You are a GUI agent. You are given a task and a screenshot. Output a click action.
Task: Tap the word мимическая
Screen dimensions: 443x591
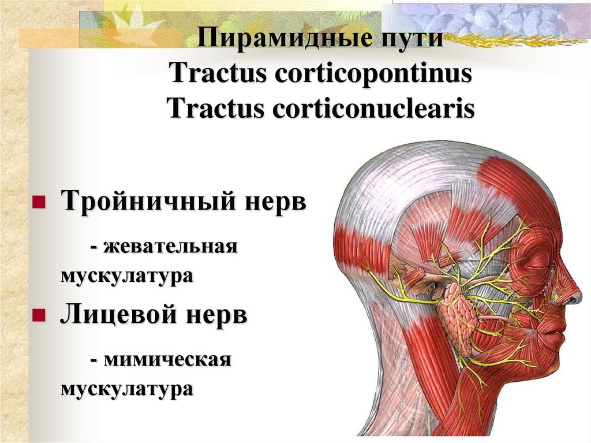[x=168, y=360]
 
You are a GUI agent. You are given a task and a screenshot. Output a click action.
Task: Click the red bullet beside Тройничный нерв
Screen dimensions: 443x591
[x=39, y=203]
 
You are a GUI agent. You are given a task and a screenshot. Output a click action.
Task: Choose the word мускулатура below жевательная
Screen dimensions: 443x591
[x=126, y=276]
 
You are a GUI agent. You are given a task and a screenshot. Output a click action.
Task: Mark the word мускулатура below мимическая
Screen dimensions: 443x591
[x=126, y=389]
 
